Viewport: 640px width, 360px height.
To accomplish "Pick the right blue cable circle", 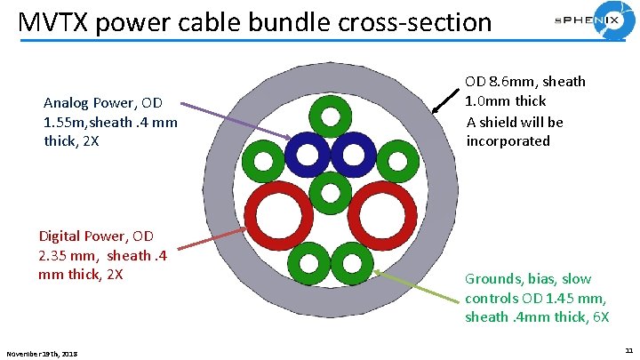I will click(x=355, y=154).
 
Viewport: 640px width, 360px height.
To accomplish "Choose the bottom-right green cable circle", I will click(x=352, y=262).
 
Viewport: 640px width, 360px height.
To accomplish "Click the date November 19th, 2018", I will click(x=42, y=354).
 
